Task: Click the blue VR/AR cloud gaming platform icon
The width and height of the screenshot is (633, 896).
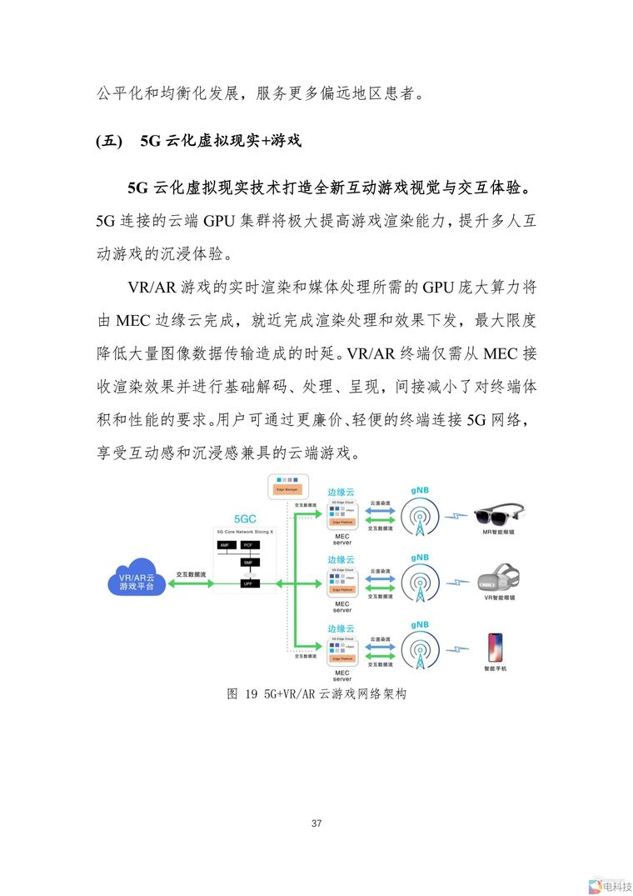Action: click(136, 577)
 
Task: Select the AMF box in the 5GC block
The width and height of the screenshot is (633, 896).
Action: click(223, 544)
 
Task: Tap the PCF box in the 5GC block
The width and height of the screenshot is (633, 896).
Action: click(247, 544)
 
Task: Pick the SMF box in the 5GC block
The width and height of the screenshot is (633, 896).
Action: click(247, 563)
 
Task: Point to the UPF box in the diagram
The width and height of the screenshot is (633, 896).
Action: click(247, 583)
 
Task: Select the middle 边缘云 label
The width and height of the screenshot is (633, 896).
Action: click(341, 559)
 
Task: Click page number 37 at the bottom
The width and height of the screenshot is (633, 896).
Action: click(316, 823)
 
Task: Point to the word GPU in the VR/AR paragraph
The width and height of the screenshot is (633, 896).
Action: click(437, 288)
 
